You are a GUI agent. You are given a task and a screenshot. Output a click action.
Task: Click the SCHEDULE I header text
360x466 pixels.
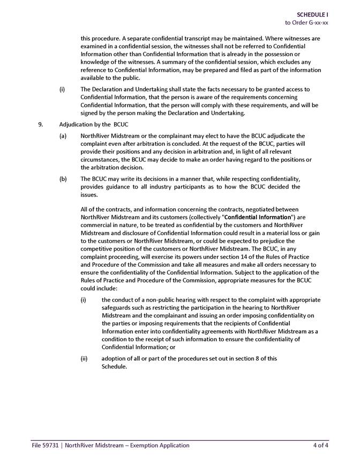coord(313,14)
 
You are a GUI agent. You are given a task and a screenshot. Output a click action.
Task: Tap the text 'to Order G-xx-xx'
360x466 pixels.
coord(306,22)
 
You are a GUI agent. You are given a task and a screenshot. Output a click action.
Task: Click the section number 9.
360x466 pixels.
coord(41,124)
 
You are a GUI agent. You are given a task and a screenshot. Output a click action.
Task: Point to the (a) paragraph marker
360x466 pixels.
coord(63,136)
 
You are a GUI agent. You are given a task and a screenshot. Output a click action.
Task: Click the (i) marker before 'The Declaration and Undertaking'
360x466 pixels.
coord(62,89)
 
